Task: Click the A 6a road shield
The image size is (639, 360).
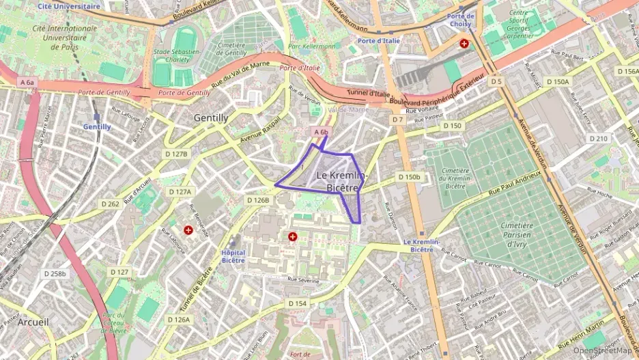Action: point(27,82)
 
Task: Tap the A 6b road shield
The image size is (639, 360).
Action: point(322,131)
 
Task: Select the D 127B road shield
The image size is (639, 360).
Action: point(176,154)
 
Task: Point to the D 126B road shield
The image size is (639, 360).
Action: point(258,199)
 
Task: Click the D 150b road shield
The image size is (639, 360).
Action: point(409,177)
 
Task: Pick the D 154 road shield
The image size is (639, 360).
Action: point(297,303)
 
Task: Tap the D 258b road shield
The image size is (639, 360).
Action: point(55,273)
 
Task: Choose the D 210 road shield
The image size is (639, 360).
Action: point(598,138)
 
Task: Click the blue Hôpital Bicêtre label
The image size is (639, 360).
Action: point(233,256)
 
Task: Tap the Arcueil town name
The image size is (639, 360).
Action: point(33,321)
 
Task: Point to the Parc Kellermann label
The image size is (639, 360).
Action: point(312,46)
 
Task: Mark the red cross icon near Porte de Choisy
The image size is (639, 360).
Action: point(464,43)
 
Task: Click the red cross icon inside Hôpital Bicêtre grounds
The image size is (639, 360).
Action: point(293,236)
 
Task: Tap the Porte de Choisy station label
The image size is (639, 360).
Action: point(461,19)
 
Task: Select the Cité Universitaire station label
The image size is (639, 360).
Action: point(69,5)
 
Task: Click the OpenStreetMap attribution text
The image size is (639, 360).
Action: point(602,350)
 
